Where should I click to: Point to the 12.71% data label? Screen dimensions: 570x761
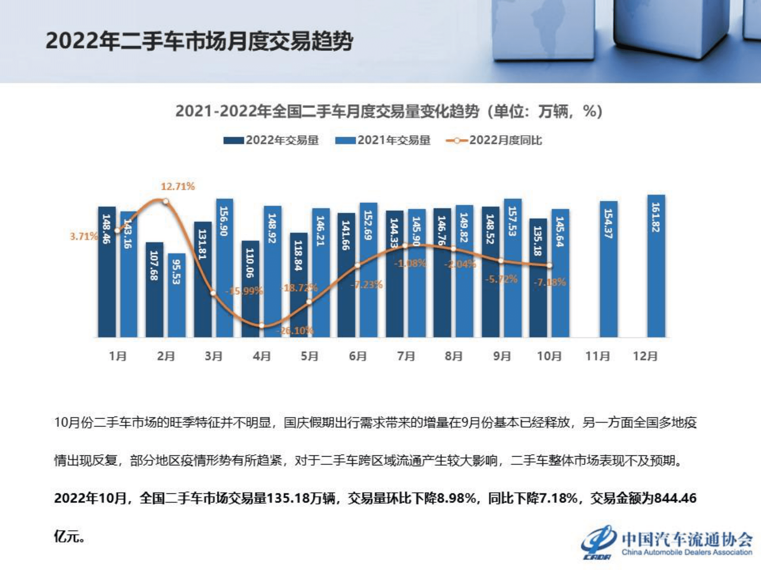pyautogui.click(x=178, y=187)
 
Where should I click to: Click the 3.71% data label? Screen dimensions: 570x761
pyautogui.click(x=84, y=236)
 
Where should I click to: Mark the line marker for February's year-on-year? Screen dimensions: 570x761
pyautogui.click(x=166, y=201)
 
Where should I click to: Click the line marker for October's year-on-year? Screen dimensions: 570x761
pyautogui.click(x=549, y=266)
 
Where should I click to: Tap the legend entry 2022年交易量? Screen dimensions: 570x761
pyautogui.click(x=272, y=140)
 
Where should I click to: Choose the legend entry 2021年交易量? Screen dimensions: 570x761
pyautogui.click(x=383, y=140)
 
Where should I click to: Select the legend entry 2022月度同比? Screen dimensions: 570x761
pyautogui.click(x=494, y=140)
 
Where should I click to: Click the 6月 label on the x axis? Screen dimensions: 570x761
pyautogui.click(x=358, y=356)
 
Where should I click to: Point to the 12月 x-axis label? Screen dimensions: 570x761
pyautogui.click(x=645, y=356)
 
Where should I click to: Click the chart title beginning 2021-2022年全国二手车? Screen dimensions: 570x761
pyautogui.click(x=388, y=111)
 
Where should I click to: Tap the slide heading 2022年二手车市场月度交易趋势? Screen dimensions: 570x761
pyautogui.click(x=199, y=42)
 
